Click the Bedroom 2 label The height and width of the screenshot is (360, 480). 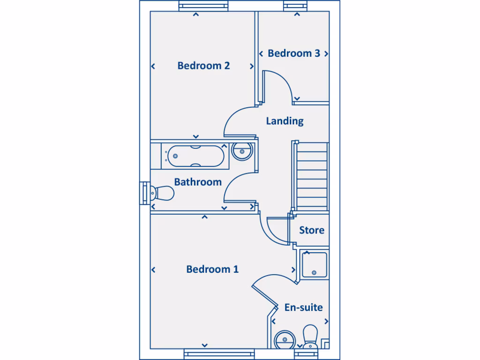[203, 66]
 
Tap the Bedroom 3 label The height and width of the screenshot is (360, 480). [294, 53]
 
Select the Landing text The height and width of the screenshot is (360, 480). [285, 121]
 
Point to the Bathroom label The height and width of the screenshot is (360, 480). [198, 182]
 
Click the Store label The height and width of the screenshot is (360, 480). [312, 230]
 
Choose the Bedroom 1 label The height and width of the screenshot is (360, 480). [212, 269]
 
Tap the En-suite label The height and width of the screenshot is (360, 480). [304, 307]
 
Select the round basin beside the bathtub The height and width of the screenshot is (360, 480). [242, 151]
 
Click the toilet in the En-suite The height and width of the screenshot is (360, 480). [310, 337]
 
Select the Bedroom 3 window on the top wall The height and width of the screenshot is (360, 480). [296, 6]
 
